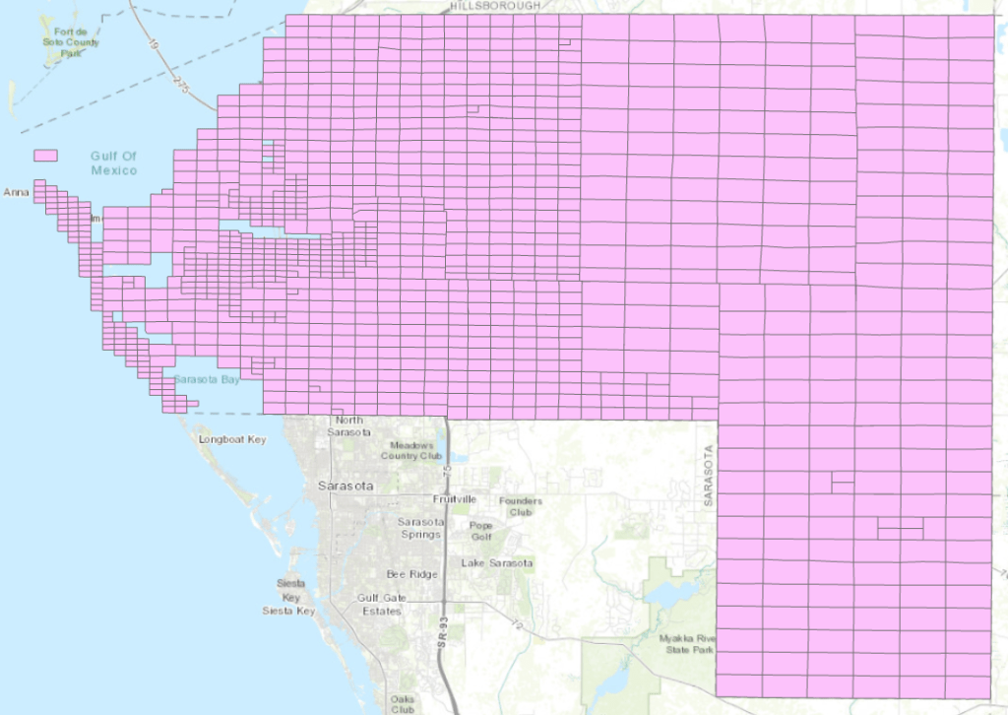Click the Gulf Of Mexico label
coord(113,163)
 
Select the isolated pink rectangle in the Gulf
coord(45,156)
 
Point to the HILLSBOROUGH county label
coord(495,6)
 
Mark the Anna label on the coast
coord(17,192)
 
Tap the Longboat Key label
coord(232,439)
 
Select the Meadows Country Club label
coord(412,450)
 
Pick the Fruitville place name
coord(455,499)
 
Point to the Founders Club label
coord(521,506)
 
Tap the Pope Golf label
coord(481,532)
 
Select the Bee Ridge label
coord(410,573)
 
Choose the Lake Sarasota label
coord(497,563)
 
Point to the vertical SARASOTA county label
coord(707,475)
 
